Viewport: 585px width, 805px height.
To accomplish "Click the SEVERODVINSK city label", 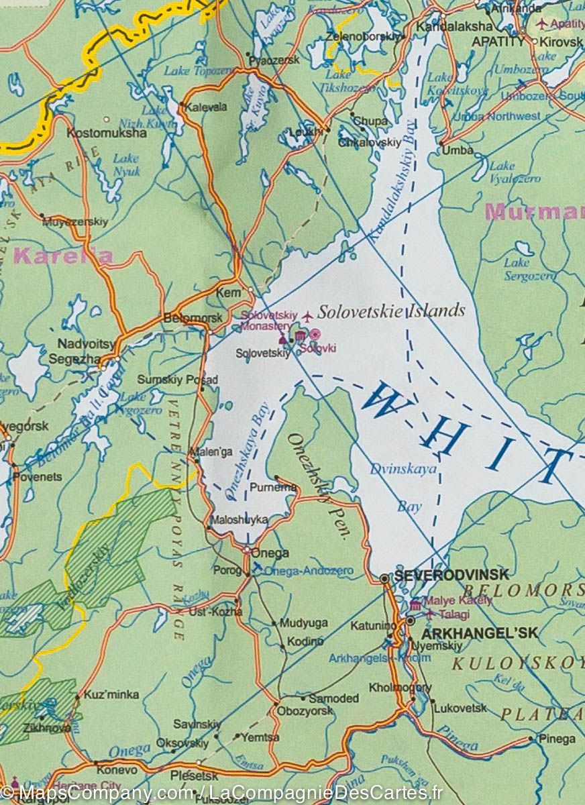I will coord(451,575).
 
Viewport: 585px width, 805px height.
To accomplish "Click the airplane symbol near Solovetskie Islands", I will coord(307,315).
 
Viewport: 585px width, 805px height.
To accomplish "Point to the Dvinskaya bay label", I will coord(403,470).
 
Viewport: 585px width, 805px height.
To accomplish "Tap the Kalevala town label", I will coord(207,107).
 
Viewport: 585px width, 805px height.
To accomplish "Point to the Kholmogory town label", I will coord(400,688).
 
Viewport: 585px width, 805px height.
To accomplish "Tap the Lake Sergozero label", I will coord(521,269).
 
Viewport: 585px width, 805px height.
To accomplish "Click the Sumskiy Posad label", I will coord(178,380).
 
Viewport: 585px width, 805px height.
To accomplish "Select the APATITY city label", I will coord(498,41).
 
